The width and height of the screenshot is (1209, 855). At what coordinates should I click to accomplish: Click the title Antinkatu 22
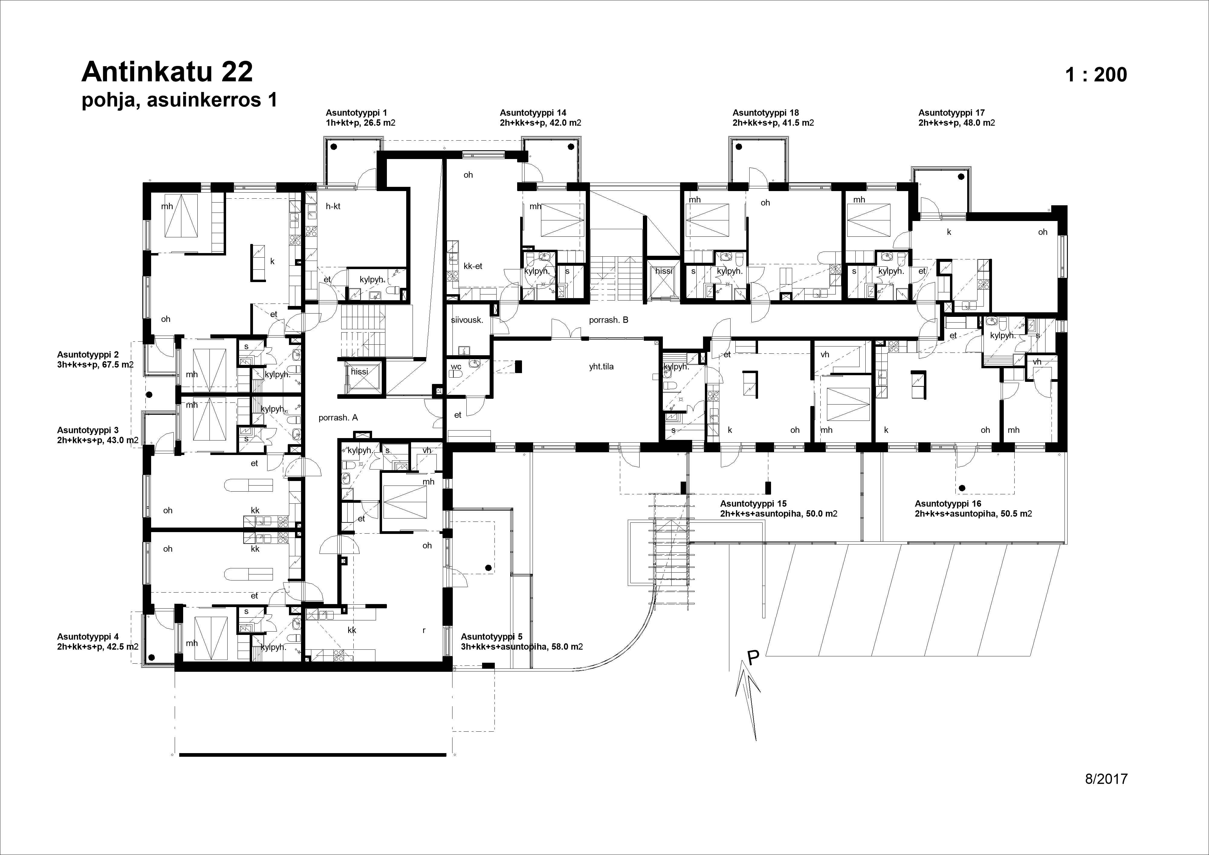point(167,72)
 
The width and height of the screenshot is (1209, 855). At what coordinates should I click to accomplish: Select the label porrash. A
point(338,418)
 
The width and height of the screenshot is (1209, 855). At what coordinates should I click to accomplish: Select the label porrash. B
point(609,320)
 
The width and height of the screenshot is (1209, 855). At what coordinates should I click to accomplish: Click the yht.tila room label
point(601,367)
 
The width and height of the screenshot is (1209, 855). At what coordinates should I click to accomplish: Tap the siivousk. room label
point(467,320)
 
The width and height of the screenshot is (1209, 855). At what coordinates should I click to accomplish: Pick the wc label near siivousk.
point(456,367)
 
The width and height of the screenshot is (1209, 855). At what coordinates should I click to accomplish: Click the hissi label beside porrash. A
point(360,371)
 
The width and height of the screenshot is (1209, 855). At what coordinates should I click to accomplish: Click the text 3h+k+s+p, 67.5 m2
point(95,365)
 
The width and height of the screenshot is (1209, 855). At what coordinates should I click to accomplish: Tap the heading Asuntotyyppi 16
point(948,504)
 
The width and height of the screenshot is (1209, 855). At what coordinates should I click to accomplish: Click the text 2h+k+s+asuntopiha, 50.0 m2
point(779,514)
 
